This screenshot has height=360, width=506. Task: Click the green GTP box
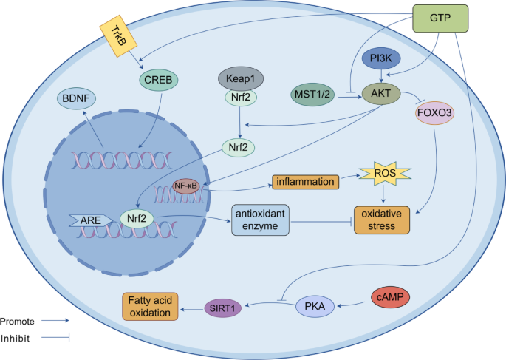point(440,18)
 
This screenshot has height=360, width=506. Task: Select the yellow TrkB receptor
point(118,35)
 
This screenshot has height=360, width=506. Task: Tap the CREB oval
point(158,80)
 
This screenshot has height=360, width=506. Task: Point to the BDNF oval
point(76,98)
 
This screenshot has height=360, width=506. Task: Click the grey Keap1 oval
point(241,78)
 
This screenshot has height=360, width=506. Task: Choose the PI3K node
point(381,58)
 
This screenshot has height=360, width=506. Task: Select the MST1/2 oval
point(312,95)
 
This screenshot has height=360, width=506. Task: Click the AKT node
point(381,94)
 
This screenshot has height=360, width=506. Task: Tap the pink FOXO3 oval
point(434,113)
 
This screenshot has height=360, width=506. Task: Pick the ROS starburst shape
point(385,174)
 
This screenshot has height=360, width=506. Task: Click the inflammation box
point(305,182)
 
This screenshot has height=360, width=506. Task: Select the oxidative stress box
point(382,220)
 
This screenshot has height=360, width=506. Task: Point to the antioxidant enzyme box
point(260,220)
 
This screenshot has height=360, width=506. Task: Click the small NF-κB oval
point(186,186)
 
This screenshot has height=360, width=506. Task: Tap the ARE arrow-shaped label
point(91,220)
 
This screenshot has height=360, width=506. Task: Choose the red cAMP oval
point(391,296)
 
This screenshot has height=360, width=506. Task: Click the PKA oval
point(315,306)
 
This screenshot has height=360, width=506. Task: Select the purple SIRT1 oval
point(223,308)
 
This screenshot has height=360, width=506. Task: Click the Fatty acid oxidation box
point(150,306)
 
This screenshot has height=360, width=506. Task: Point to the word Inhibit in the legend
point(16,339)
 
